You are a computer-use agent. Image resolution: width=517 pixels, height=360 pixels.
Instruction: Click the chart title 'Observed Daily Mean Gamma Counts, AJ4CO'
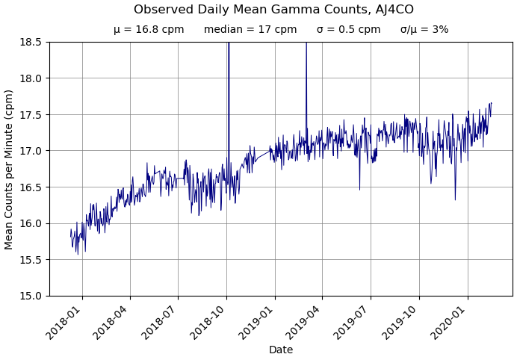point(273,10)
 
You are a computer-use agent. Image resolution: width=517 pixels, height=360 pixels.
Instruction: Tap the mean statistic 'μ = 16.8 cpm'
point(149,30)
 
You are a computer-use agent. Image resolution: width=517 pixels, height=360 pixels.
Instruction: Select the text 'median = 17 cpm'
point(250,30)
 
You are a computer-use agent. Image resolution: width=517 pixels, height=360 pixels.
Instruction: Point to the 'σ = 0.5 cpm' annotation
point(348,30)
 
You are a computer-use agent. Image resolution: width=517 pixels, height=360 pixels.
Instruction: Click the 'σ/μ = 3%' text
point(424,30)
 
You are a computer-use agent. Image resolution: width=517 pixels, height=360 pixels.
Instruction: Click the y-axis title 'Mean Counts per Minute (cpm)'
point(10,169)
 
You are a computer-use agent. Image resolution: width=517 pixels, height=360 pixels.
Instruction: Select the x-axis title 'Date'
point(281,350)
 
